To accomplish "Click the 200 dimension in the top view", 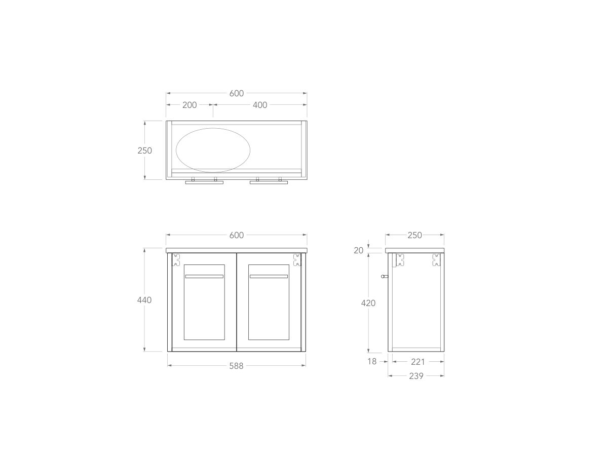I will click(189, 105).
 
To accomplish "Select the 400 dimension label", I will click(259, 105).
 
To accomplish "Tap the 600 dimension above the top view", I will click(237, 93).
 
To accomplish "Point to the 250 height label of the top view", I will click(144, 150).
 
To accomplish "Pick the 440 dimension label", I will click(144, 300).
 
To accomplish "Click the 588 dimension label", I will click(237, 366).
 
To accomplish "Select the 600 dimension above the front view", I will click(237, 235).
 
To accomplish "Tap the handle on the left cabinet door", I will click(204, 277).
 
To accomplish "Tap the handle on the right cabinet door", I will click(269, 277).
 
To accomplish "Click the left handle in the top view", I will click(204, 182).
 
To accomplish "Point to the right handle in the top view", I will click(269, 182).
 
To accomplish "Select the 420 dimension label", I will click(368, 303).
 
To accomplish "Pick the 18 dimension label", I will click(372, 362).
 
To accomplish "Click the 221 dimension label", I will click(418, 362).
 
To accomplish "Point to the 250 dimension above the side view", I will click(415, 235).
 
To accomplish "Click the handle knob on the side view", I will click(385, 277).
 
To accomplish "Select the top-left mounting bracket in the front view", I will click(176, 260).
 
